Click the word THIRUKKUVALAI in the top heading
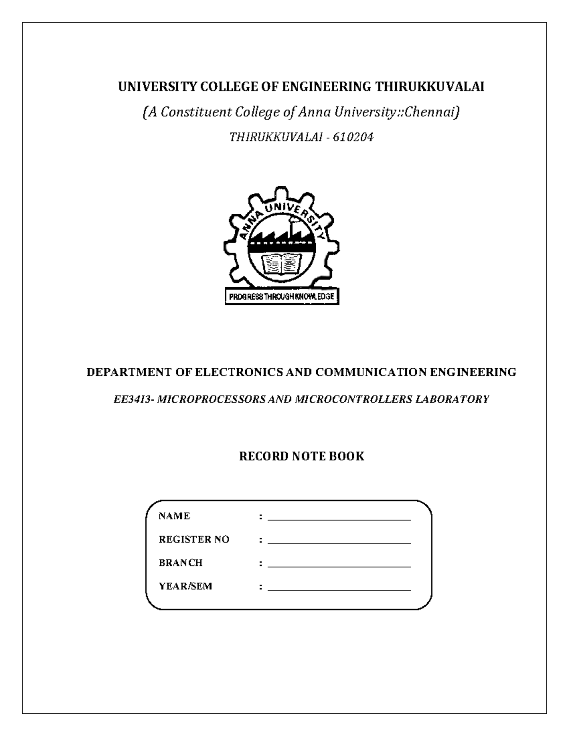tap(430, 87)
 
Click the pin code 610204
tap(353, 137)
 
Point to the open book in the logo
tap(282, 264)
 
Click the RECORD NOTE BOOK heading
tap(302, 456)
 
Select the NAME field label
tap(174, 516)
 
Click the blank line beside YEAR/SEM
tap(339, 590)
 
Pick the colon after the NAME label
tap(261, 517)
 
